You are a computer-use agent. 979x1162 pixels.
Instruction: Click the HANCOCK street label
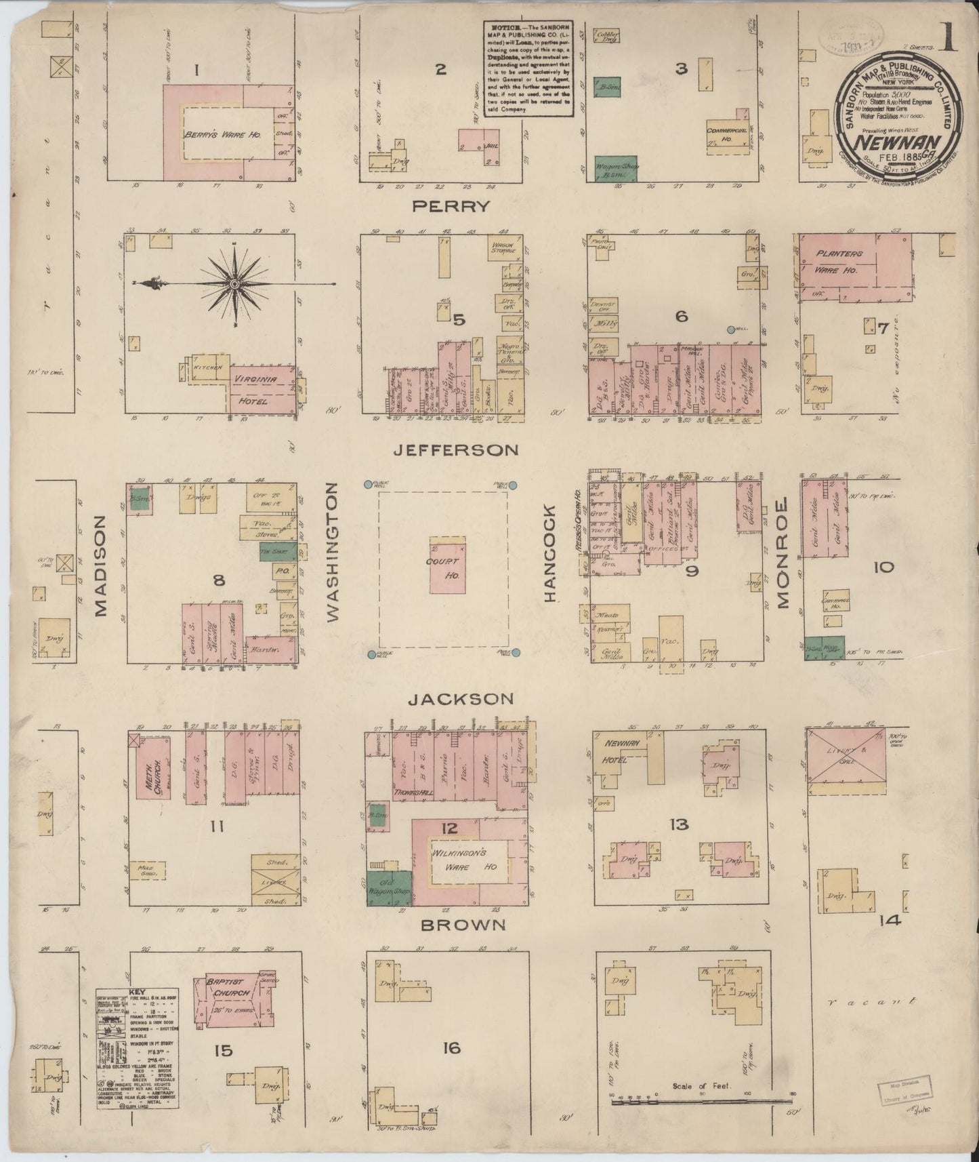(549, 553)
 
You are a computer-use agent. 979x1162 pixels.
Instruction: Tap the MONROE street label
(784, 553)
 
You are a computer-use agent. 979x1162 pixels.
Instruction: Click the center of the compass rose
(234, 283)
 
